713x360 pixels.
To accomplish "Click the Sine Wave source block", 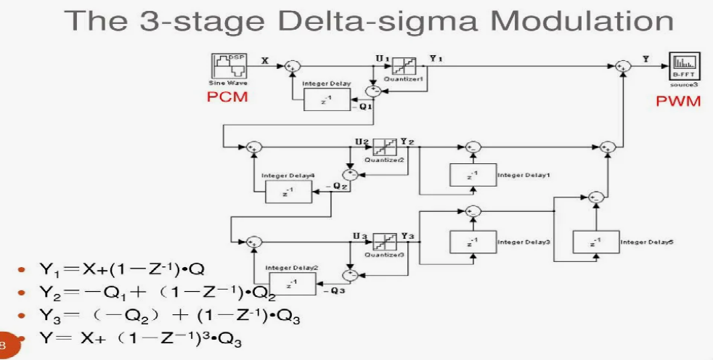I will pyautogui.click(x=227, y=66).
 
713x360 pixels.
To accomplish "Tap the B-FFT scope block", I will pyautogui.click(x=684, y=67).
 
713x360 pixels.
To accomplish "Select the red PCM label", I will pyautogui.click(x=227, y=98).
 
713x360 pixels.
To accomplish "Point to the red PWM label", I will pyautogui.click(x=678, y=101).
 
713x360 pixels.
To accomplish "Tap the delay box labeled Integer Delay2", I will pyautogui.click(x=292, y=285).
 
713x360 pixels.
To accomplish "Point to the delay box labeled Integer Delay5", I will pyautogui.click(x=596, y=242).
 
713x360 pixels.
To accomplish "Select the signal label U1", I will pyautogui.click(x=380, y=55).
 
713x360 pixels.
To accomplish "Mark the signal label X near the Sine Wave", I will pyautogui.click(x=264, y=61).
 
